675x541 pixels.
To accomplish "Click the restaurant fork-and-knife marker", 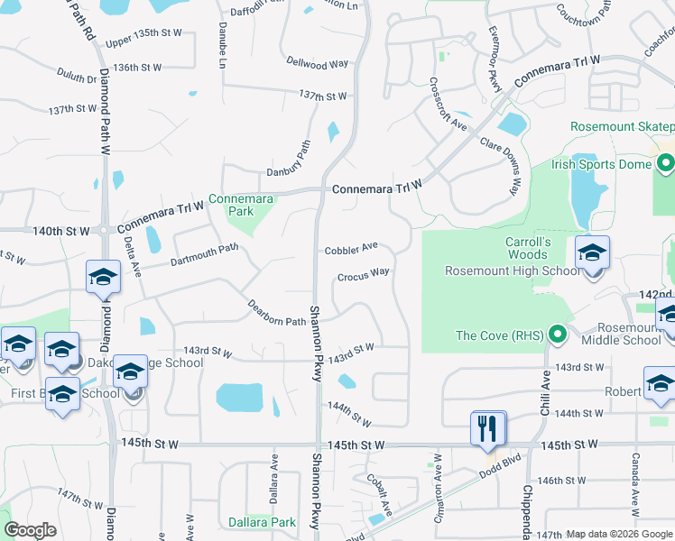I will pos(488,427).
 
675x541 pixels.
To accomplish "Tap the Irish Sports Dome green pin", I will pos(667,165).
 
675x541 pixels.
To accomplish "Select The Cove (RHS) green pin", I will pos(558,336).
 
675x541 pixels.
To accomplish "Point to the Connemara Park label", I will pos(239,204).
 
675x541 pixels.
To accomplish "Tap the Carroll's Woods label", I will pos(528,249).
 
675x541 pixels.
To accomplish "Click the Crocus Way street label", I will pos(364,275).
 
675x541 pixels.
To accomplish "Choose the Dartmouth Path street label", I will pos(204,255).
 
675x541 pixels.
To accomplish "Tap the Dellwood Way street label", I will pos(317,65).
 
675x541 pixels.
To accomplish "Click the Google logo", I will pos(30,529).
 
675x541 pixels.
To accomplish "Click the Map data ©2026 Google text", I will pos(619,534).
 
